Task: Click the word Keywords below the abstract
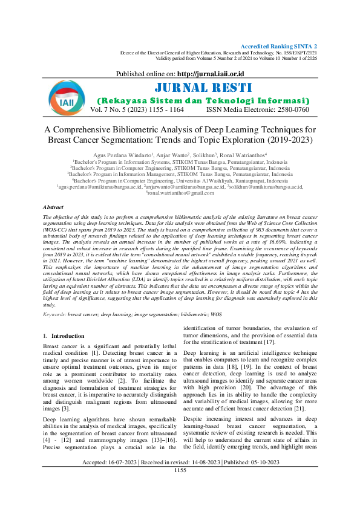pyautogui.click(x=54, y=315)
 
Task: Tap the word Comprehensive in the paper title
pyautogui.click(x=86, y=129)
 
